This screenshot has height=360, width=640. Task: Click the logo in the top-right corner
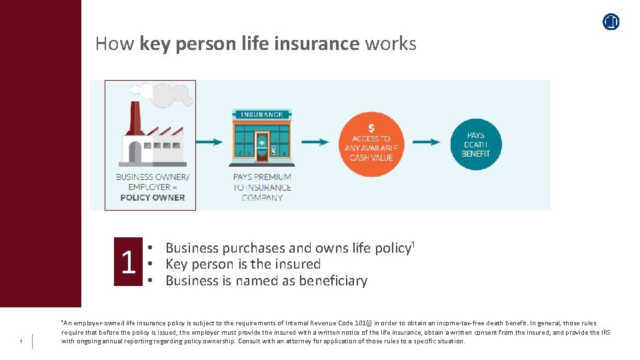(x=611, y=22)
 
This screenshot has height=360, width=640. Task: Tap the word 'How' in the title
(x=115, y=44)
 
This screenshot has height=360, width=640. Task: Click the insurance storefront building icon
(x=261, y=136)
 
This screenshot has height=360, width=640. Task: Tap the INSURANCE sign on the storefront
(x=261, y=115)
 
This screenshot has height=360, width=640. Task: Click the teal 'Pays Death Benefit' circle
(x=475, y=144)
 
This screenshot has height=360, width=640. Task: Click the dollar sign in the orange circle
(x=371, y=129)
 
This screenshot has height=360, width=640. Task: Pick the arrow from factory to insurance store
(x=209, y=142)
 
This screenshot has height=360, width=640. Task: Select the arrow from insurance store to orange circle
(x=315, y=142)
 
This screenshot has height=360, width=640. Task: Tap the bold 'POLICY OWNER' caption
(x=153, y=197)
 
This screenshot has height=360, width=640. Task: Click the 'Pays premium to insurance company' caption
(x=262, y=187)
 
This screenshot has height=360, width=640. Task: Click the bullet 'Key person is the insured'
(x=243, y=264)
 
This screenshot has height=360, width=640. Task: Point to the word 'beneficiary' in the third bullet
(x=333, y=281)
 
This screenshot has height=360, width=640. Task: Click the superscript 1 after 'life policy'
(x=413, y=243)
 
